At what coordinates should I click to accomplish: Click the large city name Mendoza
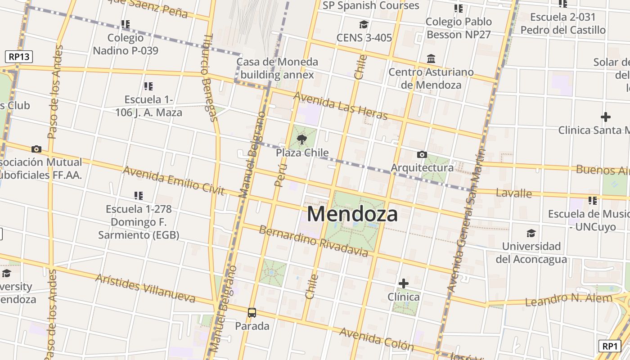click(352, 214)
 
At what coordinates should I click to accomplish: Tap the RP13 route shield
click(19, 57)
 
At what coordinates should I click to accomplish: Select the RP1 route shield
click(610, 346)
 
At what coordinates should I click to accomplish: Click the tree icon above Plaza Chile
click(302, 139)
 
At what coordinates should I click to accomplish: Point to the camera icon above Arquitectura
click(422, 155)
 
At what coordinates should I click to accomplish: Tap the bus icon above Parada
click(252, 312)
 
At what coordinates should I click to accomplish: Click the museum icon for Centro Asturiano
click(431, 59)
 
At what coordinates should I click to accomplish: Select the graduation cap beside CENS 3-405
click(364, 24)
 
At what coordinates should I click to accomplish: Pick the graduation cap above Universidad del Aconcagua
click(531, 233)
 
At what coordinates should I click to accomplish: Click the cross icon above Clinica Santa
click(606, 117)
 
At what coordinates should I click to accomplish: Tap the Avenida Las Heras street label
click(340, 106)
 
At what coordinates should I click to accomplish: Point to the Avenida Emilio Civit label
click(173, 180)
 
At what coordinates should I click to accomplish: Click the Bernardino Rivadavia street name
click(313, 241)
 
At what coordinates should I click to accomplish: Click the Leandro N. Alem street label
click(569, 299)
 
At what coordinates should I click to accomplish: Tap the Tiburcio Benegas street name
click(210, 77)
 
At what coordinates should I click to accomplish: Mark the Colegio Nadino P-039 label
click(126, 44)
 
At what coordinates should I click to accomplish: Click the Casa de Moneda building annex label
click(277, 68)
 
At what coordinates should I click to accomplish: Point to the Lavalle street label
click(513, 193)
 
